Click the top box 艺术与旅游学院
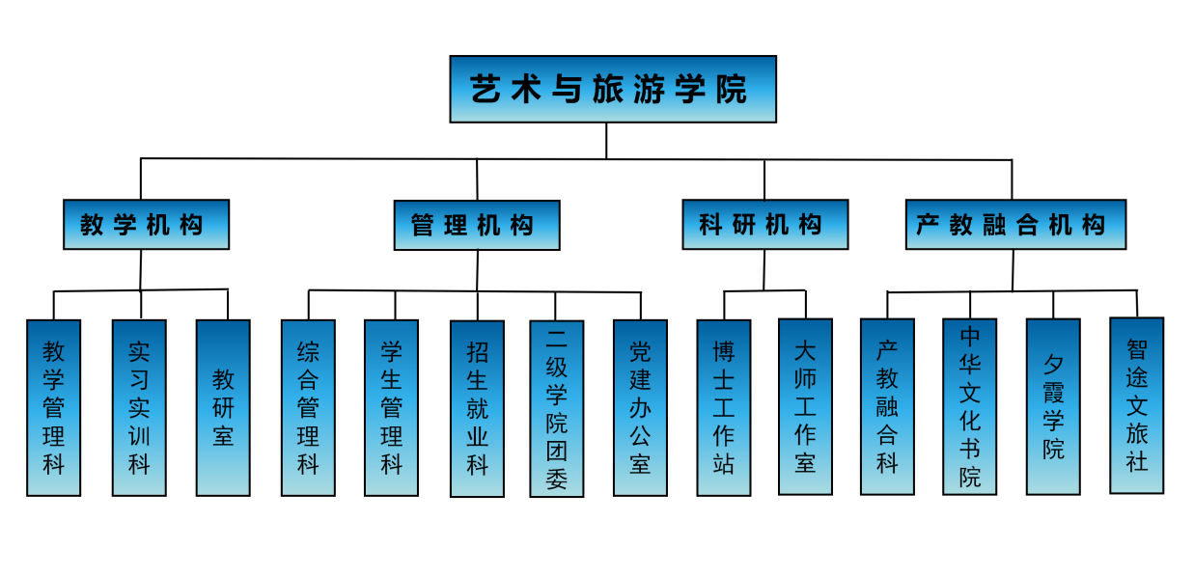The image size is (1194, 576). coord(612,89)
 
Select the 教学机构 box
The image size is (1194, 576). coord(146,225)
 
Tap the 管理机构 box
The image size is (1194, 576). coord(477,225)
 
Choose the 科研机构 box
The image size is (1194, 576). coord(764,225)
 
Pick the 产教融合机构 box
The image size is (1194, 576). coord(1015,225)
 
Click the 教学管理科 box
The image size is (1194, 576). coord(53,407)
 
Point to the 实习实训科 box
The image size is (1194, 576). coord(139,407)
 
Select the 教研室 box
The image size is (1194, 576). coord(223,407)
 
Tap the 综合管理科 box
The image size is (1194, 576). coord(308,407)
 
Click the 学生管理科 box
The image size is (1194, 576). coord(391,407)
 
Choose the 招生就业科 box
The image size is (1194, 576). coord(477,408)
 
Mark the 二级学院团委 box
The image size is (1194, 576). coord(556,408)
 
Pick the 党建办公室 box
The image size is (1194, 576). coord(640,407)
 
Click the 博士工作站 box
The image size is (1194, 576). coord(724,407)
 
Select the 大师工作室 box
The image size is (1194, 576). coord(805,406)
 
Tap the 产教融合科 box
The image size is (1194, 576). coord(887,406)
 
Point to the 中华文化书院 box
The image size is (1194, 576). coord(969,406)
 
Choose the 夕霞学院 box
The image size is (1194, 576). coord(1053,406)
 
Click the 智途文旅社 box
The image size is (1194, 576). coord(1136,405)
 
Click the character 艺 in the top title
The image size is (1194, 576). coord(485,90)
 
